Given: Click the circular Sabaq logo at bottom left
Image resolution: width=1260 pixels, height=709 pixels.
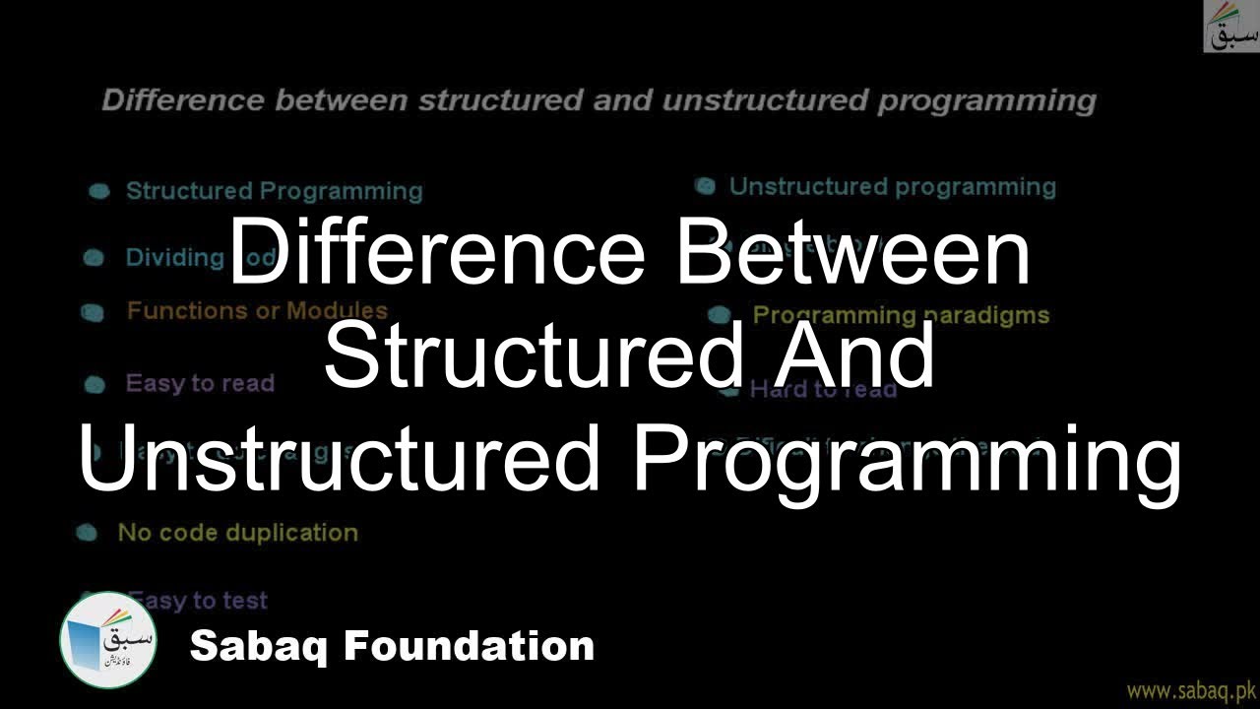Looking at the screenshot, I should pos(108,641).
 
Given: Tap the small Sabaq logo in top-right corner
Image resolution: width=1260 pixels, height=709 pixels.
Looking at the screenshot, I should pos(1230,27).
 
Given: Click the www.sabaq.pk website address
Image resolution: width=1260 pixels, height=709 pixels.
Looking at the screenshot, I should pos(1192,690).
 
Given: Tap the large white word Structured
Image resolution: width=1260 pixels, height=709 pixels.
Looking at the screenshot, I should pos(532,356).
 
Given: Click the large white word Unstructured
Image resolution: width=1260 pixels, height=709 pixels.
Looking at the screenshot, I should pos(340,460).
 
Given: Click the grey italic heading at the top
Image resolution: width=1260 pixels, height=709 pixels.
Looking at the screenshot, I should pos(598,100).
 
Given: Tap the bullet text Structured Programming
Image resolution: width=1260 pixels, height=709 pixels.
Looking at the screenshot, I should pos(274,191).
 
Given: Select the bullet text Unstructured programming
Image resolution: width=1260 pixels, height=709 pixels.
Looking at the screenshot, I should pos(892,187).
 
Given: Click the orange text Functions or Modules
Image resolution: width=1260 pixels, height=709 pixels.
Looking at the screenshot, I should pos(257,311).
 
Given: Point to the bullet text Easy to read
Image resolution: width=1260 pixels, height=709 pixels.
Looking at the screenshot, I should pos(200,383).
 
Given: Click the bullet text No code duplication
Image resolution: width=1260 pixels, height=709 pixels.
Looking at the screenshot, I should pos(237,533).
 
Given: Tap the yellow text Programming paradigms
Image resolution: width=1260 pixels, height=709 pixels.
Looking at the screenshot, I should pos(901,315).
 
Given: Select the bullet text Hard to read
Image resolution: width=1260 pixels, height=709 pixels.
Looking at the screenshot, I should pos(823,390).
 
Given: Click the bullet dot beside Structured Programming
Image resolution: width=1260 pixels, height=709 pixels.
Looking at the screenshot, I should pos(99,192).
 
